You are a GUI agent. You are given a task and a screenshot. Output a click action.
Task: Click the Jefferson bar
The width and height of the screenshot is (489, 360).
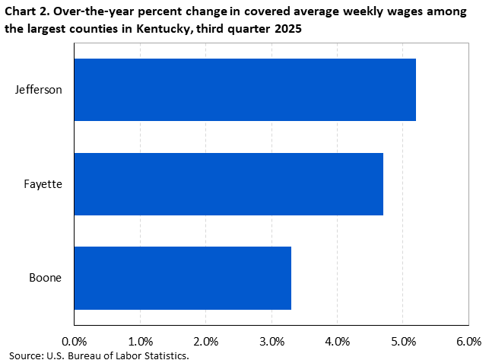(x=245, y=90)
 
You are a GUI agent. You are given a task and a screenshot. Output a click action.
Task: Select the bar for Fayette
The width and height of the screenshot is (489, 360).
(x=228, y=183)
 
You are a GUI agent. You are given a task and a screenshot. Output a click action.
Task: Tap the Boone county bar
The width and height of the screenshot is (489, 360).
(x=183, y=278)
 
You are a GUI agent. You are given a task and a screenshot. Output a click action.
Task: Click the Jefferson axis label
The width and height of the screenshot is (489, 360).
(x=38, y=90)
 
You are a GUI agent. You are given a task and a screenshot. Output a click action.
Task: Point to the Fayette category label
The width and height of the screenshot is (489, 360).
(x=42, y=183)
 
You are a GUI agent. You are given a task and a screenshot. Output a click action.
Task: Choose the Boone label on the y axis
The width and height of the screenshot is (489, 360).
(x=45, y=278)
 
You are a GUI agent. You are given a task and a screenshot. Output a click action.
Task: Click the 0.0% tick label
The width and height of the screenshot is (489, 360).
(x=74, y=340)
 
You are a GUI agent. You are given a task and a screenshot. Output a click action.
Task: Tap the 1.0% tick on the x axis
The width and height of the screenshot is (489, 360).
(x=140, y=340)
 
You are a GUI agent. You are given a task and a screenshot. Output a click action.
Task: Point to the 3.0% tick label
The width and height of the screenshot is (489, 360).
(x=271, y=340)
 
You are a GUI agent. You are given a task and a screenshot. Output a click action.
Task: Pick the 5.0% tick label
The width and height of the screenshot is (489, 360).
(x=403, y=340)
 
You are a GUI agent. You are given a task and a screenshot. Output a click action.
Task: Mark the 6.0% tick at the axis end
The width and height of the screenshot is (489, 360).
(x=468, y=340)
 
